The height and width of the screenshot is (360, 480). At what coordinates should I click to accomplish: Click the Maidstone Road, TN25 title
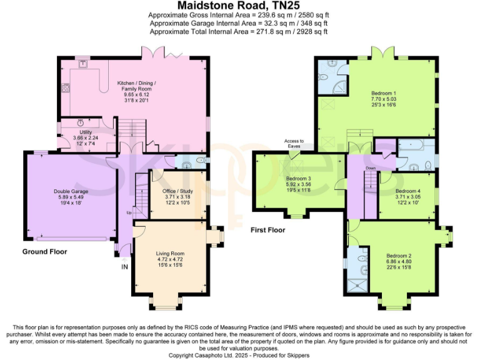coord(239,5)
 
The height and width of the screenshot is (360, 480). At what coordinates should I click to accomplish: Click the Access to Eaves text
coord(294,144)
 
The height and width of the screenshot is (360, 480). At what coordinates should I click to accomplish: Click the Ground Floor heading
coord(45,252)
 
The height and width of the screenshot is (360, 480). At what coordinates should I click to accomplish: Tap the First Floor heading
coord(268,230)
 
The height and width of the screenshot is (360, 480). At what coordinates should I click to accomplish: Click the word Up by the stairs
coord(129,212)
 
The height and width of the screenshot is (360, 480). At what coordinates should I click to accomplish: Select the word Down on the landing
coord(371,168)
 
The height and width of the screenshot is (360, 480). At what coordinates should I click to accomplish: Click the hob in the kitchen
coord(65,88)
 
